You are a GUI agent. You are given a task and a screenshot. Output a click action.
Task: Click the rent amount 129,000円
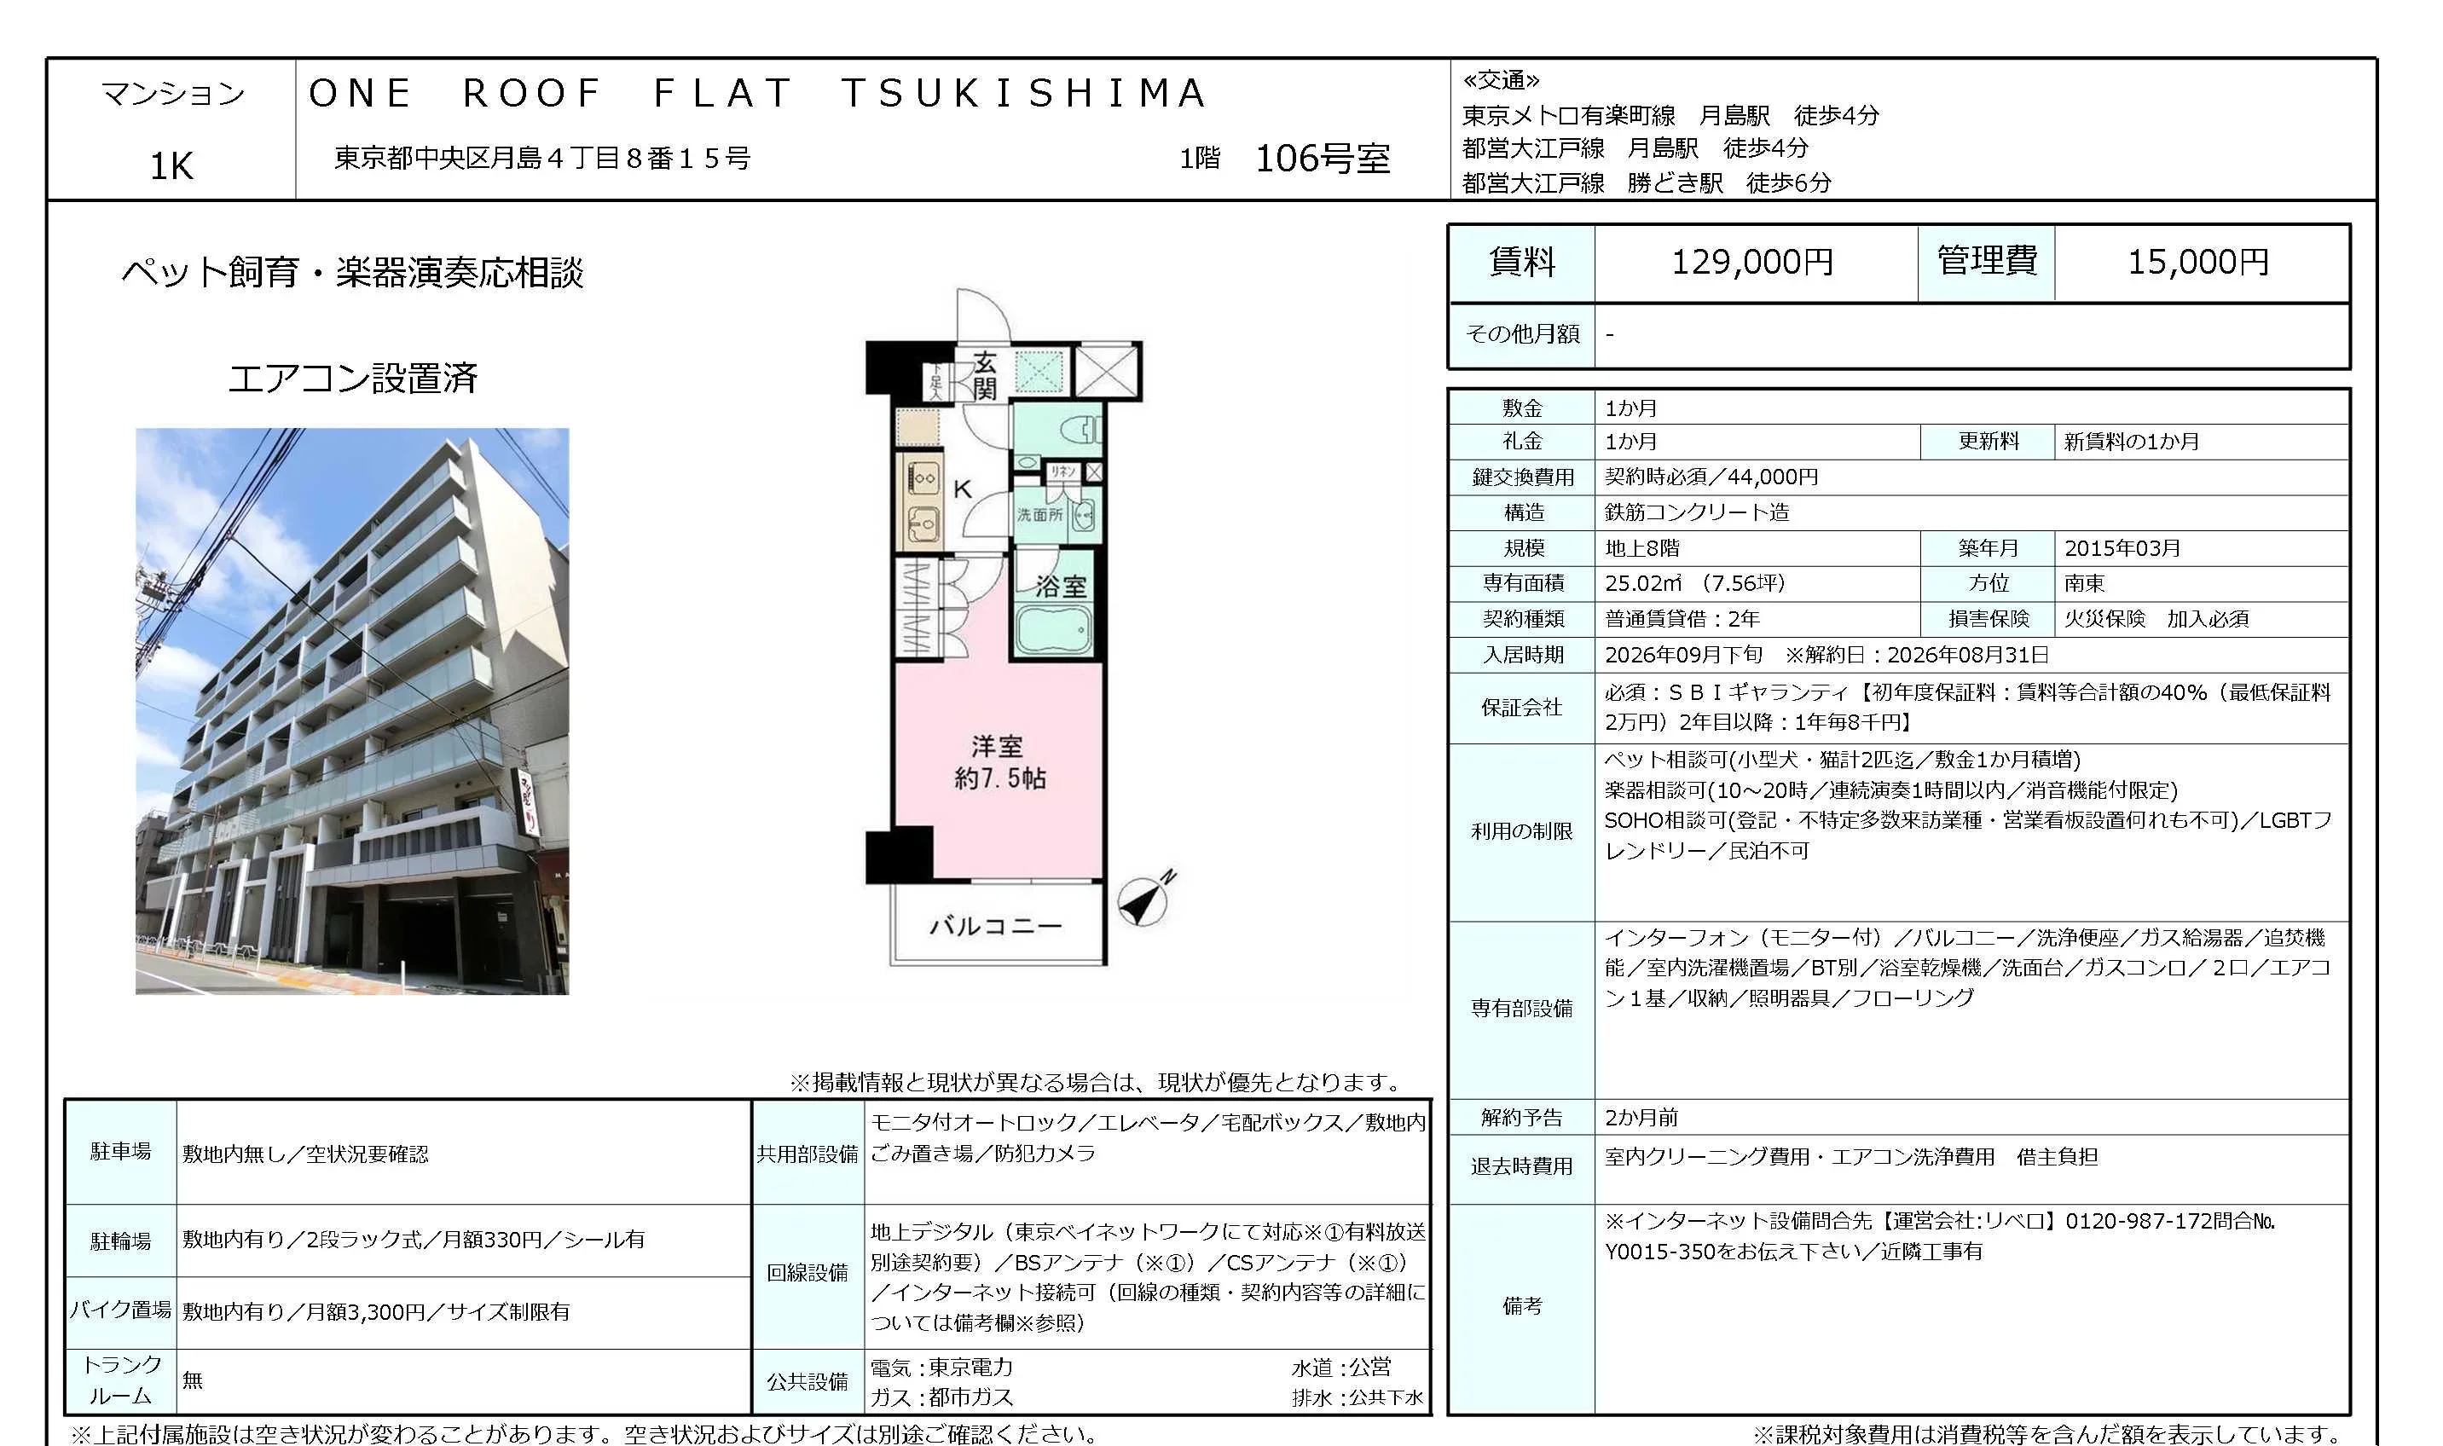click(1752, 262)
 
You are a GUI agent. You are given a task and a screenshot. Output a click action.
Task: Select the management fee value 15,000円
click(2198, 262)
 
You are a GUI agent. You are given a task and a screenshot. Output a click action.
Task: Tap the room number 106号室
click(1323, 158)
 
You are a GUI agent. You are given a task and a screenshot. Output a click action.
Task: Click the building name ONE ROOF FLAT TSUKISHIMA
click(757, 94)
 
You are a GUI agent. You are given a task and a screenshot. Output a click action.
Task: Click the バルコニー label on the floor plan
click(995, 925)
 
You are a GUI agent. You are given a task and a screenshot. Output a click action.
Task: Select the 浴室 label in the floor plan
click(1060, 586)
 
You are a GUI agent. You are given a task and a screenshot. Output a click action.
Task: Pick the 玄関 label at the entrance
click(984, 376)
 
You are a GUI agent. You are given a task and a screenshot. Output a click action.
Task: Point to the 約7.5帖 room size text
click(1000, 778)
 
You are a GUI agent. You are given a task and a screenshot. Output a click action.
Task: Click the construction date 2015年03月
click(2122, 547)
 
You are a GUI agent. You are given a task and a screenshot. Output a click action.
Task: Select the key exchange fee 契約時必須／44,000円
click(1711, 477)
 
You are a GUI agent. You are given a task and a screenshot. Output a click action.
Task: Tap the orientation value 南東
click(2084, 582)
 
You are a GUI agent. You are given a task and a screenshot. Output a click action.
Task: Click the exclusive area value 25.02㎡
click(1643, 582)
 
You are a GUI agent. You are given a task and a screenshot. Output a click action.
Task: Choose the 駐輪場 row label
click(121, 1241)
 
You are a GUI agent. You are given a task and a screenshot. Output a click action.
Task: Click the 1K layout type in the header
click(171, 166)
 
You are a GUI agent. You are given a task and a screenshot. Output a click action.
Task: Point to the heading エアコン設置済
click(353, 377)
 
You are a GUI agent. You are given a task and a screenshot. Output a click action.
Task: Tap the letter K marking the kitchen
click(962, 489)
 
